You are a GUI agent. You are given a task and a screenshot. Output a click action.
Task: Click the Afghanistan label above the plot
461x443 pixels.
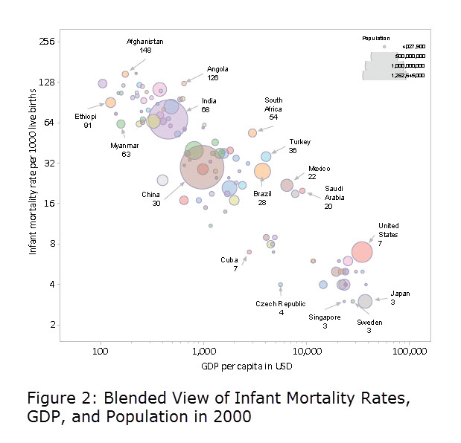click(145, 42)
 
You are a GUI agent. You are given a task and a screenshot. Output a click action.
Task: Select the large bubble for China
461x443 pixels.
click(202, 168)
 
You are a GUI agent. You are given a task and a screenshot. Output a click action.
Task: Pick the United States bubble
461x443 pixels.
click(362, 252)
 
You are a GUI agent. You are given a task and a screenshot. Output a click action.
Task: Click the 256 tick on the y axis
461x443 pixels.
click(47, 42)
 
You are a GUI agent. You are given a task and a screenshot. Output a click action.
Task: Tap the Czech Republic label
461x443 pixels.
click(281, 304)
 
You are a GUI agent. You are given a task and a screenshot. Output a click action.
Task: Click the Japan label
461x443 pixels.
click(400, 294)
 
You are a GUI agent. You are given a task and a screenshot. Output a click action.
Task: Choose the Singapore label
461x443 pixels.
click(325, 317)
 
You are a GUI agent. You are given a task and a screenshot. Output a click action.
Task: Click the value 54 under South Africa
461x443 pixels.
click(273, 117)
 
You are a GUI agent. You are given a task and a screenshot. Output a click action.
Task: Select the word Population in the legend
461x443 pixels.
click(376, 38)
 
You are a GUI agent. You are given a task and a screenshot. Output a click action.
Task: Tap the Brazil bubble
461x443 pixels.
click(262, 172)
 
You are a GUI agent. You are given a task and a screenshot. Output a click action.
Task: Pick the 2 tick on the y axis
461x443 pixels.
click(51, 325)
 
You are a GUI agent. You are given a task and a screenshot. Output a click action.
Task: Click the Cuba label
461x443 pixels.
click(229, 259)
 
